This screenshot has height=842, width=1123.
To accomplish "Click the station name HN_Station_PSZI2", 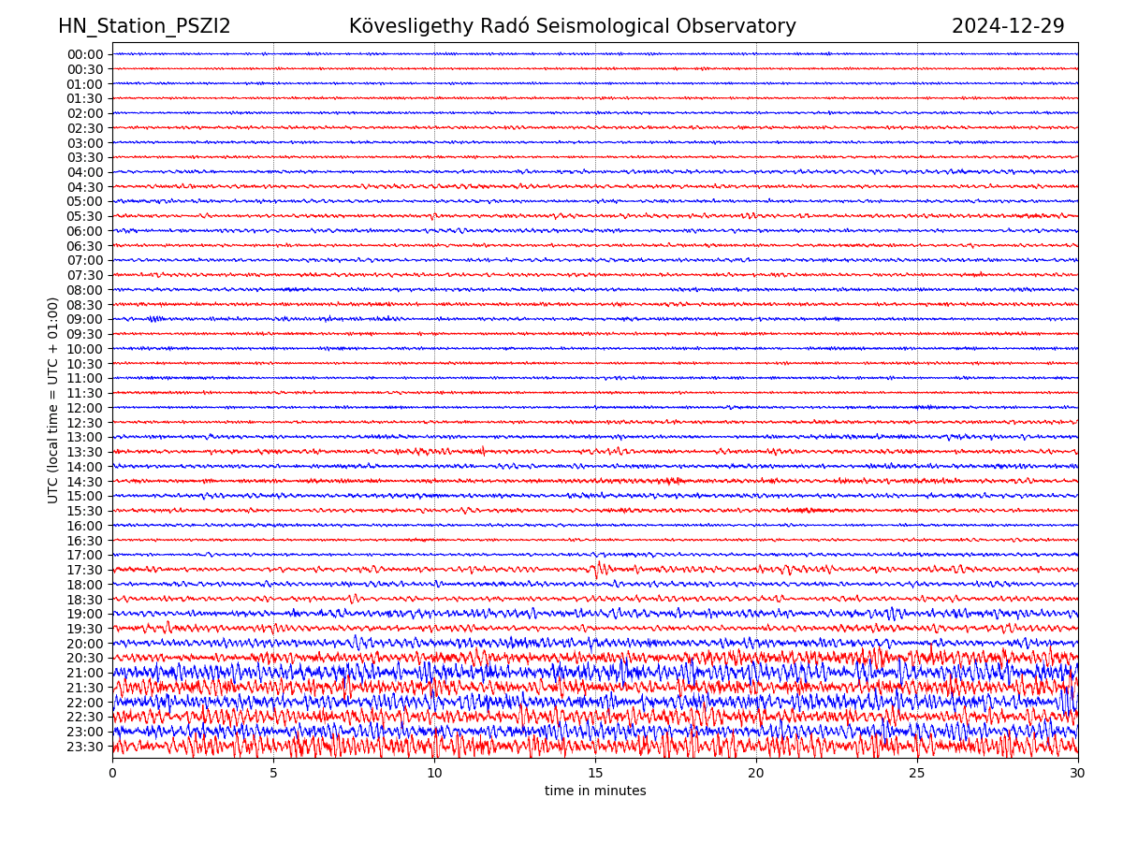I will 144,27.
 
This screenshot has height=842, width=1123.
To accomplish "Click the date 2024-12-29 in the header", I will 1008,27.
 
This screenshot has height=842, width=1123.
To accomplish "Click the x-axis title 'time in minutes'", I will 595,791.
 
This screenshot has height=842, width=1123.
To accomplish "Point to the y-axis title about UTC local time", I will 53,399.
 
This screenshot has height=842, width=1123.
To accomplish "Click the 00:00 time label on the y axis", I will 85,54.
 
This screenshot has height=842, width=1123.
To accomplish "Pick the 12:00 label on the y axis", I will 85,408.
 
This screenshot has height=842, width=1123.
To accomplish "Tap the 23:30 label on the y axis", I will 85,747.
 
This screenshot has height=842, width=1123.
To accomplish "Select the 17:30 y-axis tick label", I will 85,570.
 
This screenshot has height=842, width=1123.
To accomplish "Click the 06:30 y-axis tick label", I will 85,246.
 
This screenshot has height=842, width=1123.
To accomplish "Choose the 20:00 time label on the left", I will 85,644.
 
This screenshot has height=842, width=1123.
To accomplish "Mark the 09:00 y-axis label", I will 85,319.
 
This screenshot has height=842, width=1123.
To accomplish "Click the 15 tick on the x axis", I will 595,773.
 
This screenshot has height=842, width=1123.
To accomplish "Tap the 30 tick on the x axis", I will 1078,773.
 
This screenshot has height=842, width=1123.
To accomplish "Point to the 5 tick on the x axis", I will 273,773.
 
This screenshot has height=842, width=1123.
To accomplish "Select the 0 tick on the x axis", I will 112,773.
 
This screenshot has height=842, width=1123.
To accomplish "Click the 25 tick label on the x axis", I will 917,773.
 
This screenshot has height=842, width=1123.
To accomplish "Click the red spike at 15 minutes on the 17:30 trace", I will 597,566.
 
